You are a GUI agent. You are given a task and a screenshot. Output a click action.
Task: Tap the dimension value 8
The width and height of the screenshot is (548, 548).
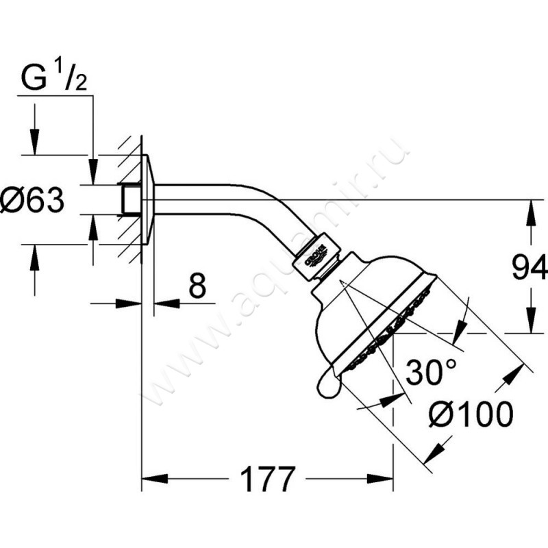pos(197,287)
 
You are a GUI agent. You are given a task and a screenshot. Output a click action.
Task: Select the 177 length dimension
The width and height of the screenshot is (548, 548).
pos(267,477)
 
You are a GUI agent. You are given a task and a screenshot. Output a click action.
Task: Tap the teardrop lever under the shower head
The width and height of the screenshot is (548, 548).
pos(329,384)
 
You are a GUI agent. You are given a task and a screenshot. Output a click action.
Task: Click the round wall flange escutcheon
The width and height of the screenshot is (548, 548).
pos(148,199)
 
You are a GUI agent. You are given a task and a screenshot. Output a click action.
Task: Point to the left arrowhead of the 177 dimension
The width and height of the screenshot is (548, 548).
pos(150,477)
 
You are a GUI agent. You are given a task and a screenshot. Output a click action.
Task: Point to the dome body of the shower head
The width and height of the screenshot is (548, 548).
pos(356,301)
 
